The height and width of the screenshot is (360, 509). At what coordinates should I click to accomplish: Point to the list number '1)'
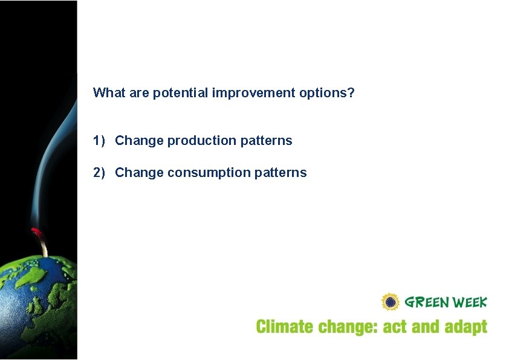click(99, 141)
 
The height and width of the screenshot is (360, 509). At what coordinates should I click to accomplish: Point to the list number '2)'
click(99, 173)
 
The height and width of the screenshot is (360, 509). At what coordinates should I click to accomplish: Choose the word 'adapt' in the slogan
click(465, 328)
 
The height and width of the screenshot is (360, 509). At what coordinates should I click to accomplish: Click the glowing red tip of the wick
click(36, 231)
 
